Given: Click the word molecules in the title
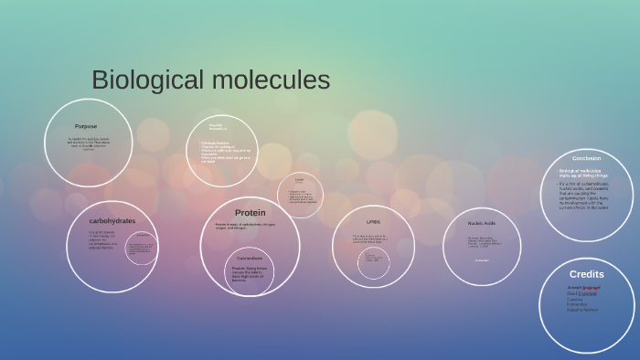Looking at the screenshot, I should tap(271, 80).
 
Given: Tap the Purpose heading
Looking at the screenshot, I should tap(86, 126).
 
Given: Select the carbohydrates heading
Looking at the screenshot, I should tap(112, 220).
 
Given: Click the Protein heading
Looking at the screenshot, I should tap(250, 212).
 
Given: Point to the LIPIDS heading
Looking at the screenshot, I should tap(373, 222).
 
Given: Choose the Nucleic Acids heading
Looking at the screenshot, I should tap(482, 223).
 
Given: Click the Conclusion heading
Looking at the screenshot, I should tap(586, 158).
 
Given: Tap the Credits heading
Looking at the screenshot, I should tap(586, 274).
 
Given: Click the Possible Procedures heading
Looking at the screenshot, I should tap(217, 127).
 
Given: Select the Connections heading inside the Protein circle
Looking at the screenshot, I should tap(250, 258).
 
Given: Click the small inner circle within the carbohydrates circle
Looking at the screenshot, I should tap(142, 248).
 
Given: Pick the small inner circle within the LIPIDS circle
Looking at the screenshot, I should tap(373, 262).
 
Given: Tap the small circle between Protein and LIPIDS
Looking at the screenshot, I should tap(299, 195).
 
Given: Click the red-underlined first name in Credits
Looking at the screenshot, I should tap(582, 287).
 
